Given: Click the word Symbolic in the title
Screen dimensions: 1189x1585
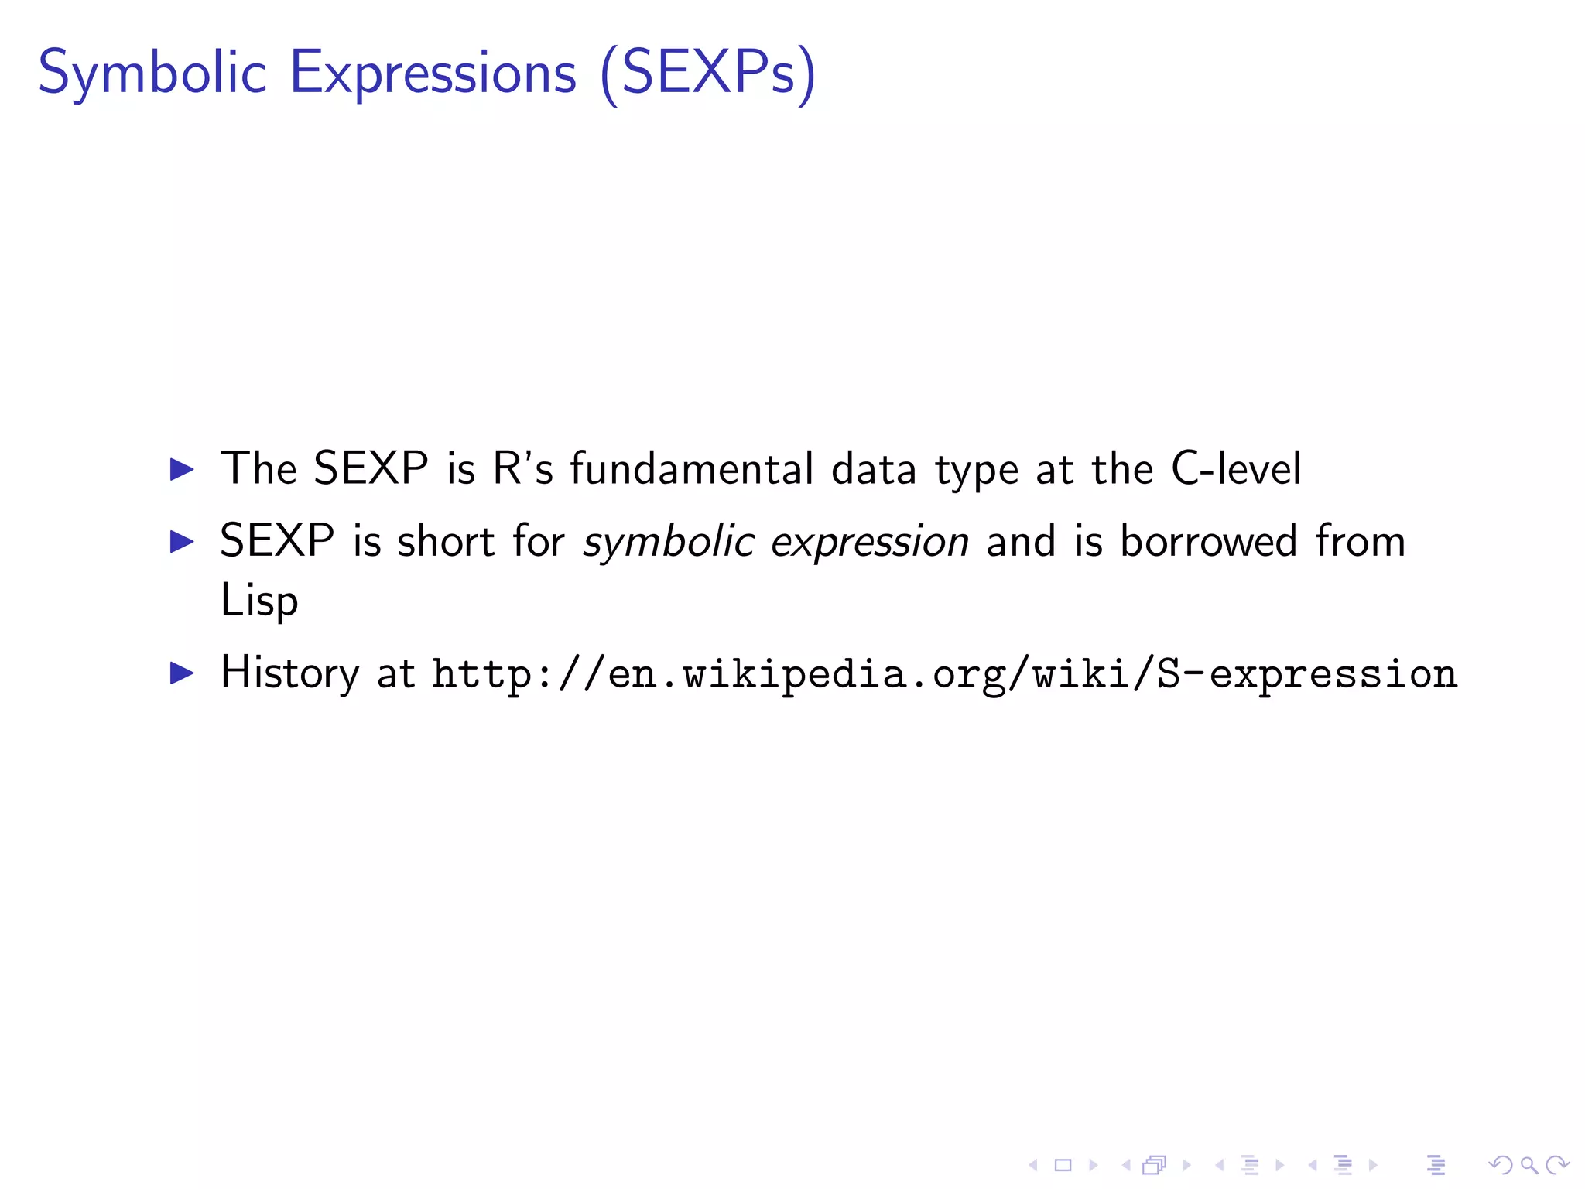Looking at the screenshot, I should click(152, 74).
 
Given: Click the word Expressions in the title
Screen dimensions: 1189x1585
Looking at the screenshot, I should click(433, 74).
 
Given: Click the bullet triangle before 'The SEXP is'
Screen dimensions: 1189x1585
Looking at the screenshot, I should click(182, 469).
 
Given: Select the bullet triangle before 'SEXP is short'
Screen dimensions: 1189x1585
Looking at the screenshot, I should click(182, 541).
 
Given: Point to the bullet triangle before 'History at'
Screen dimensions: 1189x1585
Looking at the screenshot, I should click(182, 673).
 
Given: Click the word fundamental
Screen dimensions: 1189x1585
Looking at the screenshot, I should click(692, 468).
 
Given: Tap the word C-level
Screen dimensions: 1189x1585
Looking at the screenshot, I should click(1236, 468).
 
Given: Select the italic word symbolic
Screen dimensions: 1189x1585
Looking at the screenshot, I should click(669, 541).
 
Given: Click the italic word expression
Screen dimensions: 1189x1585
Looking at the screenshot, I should click(870, 541).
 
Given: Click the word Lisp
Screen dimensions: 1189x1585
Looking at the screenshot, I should click(259, 600).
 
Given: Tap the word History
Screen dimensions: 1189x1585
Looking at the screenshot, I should click(290, 673).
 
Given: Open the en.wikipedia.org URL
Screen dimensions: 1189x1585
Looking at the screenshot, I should click(945, 673).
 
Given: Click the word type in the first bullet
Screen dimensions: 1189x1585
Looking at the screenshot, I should click(977, 470).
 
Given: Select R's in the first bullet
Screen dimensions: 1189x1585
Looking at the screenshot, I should click(523, 468).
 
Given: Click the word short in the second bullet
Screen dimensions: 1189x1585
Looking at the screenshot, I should click(446, 540).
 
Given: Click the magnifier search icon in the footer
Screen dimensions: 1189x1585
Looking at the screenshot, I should click(1529, 1164).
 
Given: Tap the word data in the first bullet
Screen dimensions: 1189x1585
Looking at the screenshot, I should click(874, 468).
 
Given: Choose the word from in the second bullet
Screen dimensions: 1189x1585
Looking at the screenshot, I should click(1361, 540).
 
